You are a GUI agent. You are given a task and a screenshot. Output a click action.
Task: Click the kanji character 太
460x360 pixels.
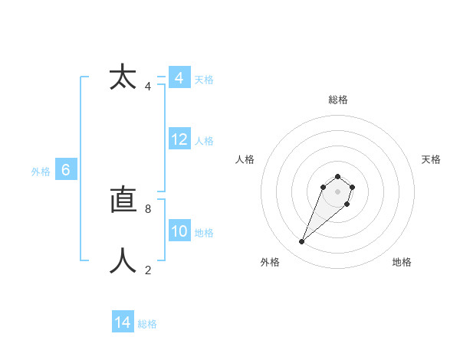click(x=123, y=77)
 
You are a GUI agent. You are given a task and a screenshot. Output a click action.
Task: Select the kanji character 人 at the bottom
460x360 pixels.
click(x=123, y=261)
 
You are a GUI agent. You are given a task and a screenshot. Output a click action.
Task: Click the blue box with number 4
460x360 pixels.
click(x=179, y=78)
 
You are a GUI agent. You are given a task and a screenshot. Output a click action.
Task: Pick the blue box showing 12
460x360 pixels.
click(x=179, y=139)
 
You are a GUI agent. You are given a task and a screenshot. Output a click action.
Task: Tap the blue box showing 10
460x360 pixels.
click(x=179, y=231)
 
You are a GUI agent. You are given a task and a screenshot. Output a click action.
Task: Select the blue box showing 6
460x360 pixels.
click(x=66, y=171)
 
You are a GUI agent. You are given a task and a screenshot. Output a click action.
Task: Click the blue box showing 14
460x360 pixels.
click(x=123, y=322)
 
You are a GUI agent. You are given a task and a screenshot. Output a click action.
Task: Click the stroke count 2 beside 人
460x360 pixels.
click(x=147, y=270)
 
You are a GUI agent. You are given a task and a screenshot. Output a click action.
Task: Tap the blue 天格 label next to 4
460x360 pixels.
click(x=204, y=80)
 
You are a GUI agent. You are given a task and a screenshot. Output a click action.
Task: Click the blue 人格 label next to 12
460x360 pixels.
click(x=204, y=141)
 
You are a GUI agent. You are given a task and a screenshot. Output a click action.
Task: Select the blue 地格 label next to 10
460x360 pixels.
click(x=204, y=233)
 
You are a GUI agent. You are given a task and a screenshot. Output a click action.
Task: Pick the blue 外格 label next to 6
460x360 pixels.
click(x=41, y=172)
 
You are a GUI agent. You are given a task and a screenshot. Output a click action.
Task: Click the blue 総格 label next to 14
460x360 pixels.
click(x=147, y=324)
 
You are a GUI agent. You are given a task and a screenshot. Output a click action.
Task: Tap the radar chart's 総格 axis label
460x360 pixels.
click(x=337, y=100)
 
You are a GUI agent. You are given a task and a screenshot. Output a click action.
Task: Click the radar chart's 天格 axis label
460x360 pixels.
click(x=431, y=159)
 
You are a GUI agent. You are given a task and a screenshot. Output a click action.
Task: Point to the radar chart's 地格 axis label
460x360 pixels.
click(x=402, y=262)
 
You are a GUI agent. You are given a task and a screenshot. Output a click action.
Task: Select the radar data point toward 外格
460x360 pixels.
click(x=302, y=242)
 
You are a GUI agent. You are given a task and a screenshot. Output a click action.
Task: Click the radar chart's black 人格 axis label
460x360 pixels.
click(x=245, y=159)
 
